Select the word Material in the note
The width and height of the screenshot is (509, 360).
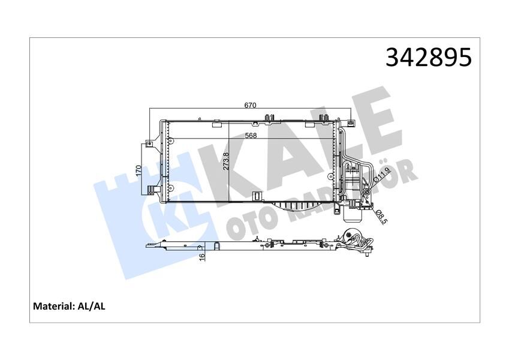point(53,306)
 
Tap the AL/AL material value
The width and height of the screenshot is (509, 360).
point(92,306)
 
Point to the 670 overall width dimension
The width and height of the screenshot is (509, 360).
point(250,106)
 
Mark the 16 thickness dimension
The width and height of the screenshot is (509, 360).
point(202,257)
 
